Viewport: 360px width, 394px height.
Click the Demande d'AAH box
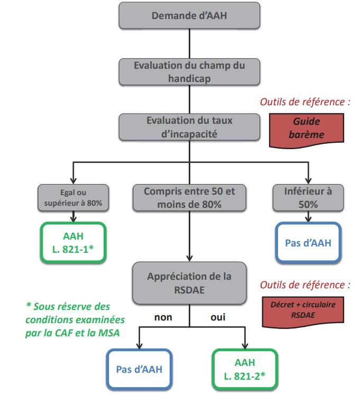tap(189, 16)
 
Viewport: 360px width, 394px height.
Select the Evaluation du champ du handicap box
tap(189, 71)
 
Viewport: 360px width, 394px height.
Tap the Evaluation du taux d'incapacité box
tap(189, 127)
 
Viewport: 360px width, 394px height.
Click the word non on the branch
tap(163, 318)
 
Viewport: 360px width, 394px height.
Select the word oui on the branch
tap(216, 318)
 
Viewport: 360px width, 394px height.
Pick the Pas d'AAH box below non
tap(139, 368)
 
